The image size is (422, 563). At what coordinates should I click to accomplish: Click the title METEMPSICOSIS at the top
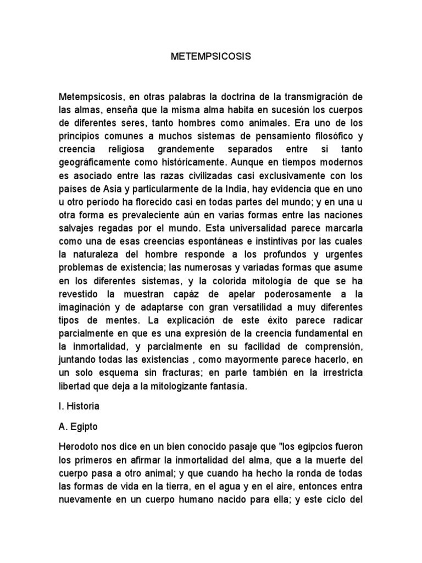(x=210, y=57)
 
